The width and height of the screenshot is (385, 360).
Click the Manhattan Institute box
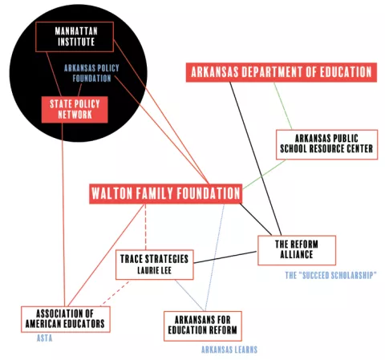click(x=75, y=37)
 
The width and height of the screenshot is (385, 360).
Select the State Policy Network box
click(x=75, y=110)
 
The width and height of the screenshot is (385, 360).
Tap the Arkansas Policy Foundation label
click(x=91, y=73)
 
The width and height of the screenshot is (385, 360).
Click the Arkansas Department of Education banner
click(x=282, y=72)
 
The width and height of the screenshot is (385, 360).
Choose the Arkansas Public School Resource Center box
click(x=326, y=144)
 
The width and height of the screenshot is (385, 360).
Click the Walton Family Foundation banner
click(x=165, y=194)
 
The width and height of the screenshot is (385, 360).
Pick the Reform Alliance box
click(x=297, y=250)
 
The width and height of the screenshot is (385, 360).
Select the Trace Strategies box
click(x=154, y=265)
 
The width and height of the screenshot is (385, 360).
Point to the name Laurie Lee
click(x=154, y=270)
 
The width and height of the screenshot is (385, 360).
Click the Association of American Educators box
click(x=66, y=319)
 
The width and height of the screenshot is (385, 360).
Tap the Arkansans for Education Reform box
click(x=203, y=326)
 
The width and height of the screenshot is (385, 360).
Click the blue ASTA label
click(x=44, y=338)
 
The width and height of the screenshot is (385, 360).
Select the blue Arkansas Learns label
click(x=229, y=350)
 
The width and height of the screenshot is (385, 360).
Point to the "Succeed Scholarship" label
click(x=330, y=275)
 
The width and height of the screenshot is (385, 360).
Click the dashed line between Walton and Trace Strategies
click(x=145, y=227)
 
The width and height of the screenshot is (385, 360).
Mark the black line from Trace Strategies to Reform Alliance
click(x=225, y=257)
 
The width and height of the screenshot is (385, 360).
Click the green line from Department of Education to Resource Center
click(x=283, y=106)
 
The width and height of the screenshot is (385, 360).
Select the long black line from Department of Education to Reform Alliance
click(x=255, y=159)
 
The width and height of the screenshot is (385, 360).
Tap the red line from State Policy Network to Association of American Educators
click(x=63, y=215)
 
